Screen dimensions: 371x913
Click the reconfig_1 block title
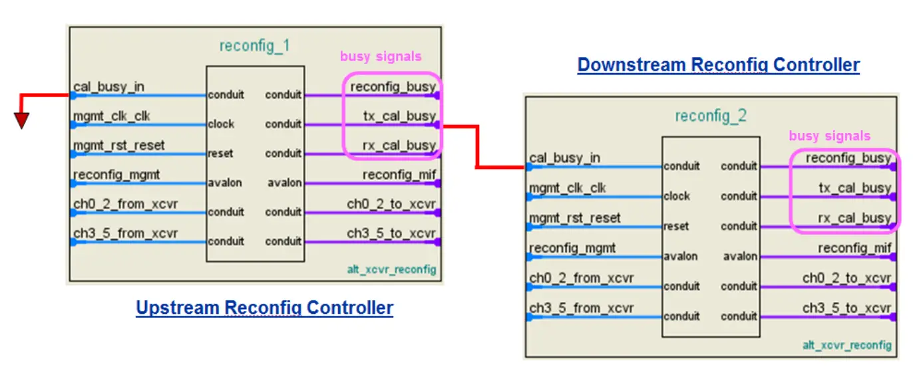point(255,46)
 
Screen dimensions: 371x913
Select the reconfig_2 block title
point(711,116)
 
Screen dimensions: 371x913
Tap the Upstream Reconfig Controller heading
point(264,308)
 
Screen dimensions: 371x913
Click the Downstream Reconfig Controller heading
point(718,65)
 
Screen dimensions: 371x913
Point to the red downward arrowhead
point(22,120)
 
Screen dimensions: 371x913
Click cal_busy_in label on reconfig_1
point(108,86)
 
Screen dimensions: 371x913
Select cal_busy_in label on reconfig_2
point(564,158)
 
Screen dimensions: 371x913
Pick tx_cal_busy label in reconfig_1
point(399,116)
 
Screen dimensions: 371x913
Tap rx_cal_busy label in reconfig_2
point(855,217)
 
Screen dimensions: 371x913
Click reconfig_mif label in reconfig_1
point(399,174)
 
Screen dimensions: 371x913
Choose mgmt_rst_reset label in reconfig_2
point(575,217)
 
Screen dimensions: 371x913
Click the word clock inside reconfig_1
point(221,124)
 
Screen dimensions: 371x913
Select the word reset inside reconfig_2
point(676,227)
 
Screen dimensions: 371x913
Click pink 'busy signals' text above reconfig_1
point(381,57)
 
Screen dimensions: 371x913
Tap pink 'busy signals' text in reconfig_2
point(829,136)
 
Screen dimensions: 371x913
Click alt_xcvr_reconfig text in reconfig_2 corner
point(846,345)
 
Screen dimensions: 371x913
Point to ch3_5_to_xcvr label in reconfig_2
point(846,308)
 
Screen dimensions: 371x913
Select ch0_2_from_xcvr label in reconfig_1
point(126,203)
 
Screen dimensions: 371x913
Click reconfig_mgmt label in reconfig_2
point(572,247)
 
